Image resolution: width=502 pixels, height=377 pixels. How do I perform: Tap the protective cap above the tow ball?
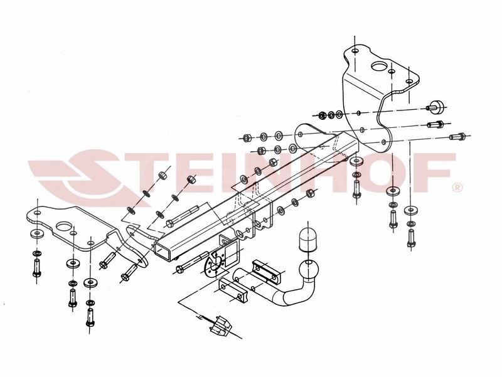(307, 239)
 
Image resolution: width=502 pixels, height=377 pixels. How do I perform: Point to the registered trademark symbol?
(457, 187)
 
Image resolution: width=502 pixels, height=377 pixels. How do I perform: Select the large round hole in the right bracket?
(380, 66)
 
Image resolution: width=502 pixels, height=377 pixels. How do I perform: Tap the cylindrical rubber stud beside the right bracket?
(436, 107)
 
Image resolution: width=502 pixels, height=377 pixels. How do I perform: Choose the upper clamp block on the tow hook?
(266, 271)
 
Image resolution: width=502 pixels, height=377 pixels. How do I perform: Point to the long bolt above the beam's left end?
(183, 216)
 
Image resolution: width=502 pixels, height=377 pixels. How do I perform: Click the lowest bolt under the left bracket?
(90, 317)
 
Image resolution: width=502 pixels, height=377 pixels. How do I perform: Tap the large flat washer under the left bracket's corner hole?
(38, 233)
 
